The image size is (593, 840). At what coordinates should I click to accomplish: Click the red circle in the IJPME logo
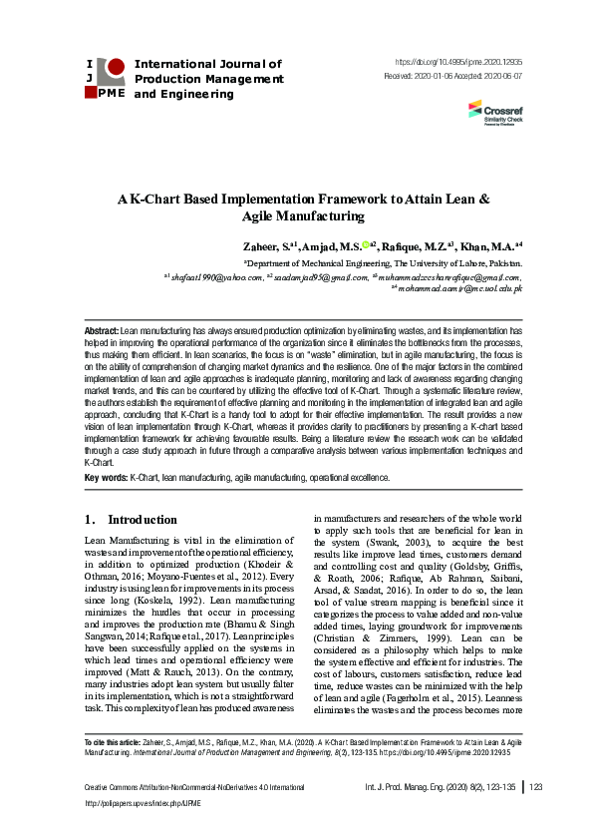coord(116,68)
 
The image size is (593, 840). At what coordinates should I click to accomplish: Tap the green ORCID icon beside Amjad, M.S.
coord(366,242)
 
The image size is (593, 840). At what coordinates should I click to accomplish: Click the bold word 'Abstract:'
coord(101,329)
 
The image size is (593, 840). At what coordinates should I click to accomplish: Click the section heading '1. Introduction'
coord(131,520)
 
